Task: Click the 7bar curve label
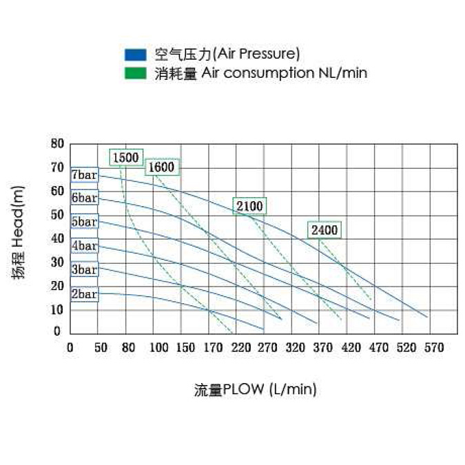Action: coord(84,174)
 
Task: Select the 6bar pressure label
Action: coord(84,198)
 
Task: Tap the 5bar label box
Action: coord(84,222)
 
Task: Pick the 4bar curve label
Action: coord(84,246)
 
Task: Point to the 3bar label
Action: coord(84,270)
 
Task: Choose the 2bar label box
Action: coord(84,294)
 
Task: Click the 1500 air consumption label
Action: coord(126,158)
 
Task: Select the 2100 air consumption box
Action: coord(249,206)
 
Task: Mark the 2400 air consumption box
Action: coord(324,230)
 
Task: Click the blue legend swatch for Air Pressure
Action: coord(135,54)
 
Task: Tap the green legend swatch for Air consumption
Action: coord(135,73)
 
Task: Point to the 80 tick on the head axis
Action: coord(57,144)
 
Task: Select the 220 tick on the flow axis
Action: coord(241,348)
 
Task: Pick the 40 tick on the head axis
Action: coord(57,238)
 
